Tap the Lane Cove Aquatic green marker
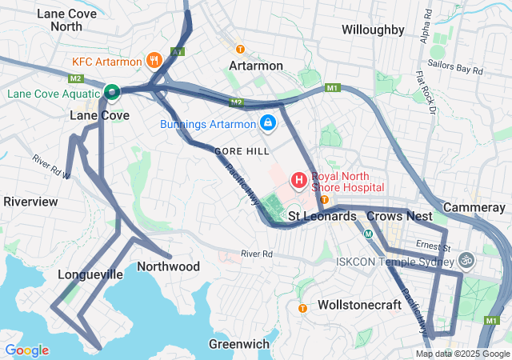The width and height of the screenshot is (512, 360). pos(113,93)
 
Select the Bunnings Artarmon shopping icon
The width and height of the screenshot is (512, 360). pos(267,124)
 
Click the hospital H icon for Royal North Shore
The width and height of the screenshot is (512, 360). pos(298,181)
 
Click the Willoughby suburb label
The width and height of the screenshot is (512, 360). pos(372,30)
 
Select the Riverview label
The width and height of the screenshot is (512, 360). pos(30,202)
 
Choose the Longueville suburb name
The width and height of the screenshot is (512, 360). pos(90,274)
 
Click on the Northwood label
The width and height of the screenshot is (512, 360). pos(168,266)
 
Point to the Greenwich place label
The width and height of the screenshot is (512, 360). pos(238,344)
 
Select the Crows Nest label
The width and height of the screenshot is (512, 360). pos(399,216)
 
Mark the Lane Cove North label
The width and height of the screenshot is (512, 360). pos(55,20)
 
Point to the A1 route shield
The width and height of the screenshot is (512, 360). pos(178,51)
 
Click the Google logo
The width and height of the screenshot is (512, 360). pos(26,350)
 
